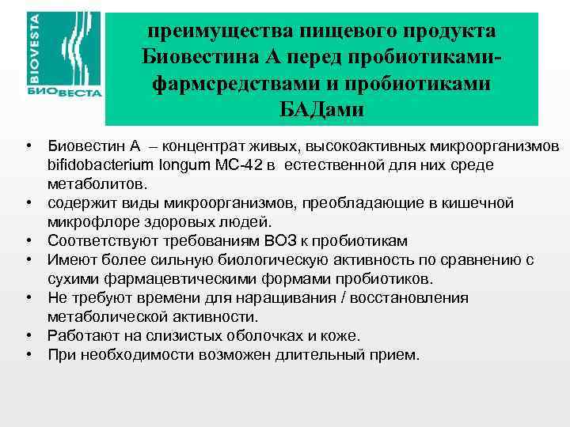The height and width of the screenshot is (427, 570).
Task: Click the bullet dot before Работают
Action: tap(27, 335)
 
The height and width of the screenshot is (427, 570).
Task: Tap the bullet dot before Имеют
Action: tap(27, 259)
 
